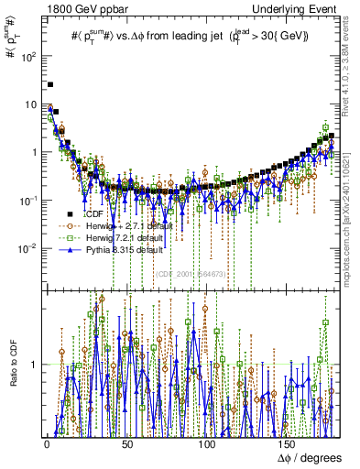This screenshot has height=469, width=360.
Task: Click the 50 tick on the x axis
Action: (x=127, y=444)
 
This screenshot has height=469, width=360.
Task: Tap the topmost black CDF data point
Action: (x=50, y=84)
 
